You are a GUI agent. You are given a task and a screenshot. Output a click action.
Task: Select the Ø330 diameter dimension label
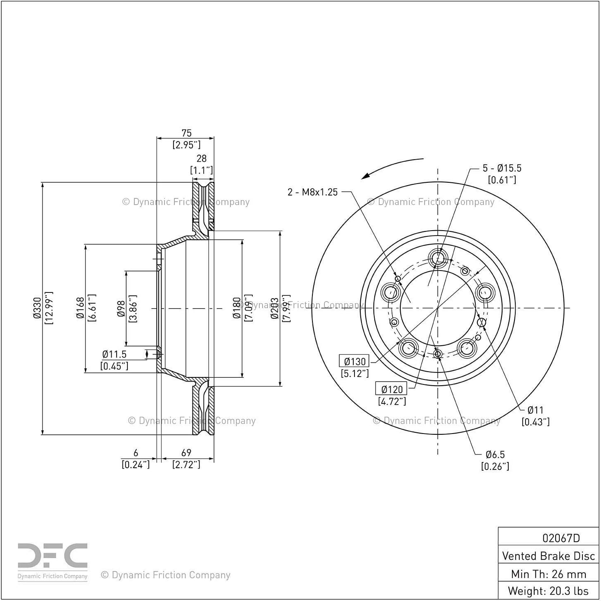point(37,308)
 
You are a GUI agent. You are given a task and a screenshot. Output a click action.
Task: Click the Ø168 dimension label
point(80,308)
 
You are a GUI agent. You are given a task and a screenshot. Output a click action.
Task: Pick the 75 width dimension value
point(186,133)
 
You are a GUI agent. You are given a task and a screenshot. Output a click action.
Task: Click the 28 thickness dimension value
point(202,158)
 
